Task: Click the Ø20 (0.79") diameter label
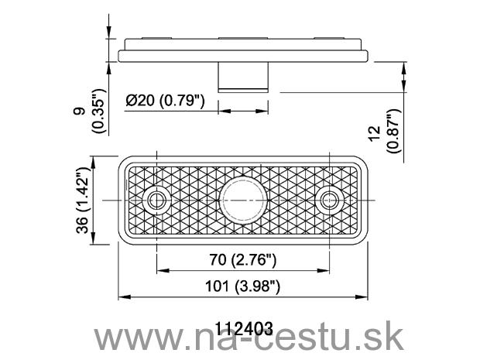165,101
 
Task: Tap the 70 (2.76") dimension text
243,260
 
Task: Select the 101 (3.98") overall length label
242,286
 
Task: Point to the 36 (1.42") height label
83,201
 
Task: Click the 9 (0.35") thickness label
98,111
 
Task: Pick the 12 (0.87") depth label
385,131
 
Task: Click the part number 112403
244,329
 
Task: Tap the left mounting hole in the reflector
156,201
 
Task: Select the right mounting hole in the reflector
330,201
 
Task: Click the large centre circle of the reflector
243,201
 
